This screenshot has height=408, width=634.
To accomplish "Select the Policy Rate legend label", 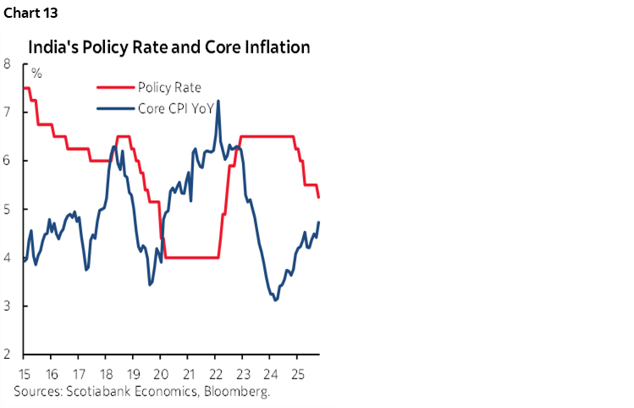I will coord(168,87).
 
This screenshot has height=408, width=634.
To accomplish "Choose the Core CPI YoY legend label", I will coord(175,108).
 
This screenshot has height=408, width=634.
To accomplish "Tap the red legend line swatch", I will coord(113,87).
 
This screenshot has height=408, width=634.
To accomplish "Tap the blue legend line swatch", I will coord(113,108).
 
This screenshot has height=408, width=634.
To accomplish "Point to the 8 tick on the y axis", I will coord(7,63).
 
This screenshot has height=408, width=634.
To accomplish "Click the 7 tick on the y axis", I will coord(7,112).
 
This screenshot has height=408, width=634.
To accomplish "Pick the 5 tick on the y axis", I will coord(7,209).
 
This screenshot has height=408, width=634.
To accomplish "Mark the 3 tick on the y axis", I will coord(7,306).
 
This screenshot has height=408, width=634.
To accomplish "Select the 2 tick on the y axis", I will coord(7,355).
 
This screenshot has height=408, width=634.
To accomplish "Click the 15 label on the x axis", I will coord(24,374).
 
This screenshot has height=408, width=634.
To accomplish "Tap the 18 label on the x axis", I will coord(106,374).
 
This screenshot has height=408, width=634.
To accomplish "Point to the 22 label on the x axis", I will coord(215,374).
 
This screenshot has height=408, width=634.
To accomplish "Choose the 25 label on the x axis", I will coord(297,374).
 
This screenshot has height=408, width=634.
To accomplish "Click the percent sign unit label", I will coord(36,73).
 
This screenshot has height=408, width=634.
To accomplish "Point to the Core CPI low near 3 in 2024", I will coord(275,300).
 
